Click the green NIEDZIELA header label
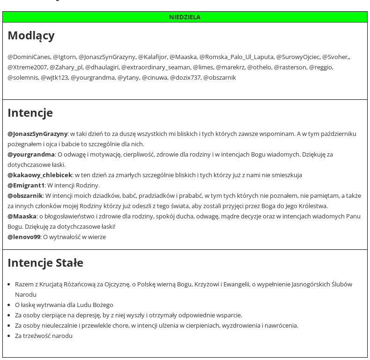pos(185,17)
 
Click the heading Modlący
pos(31,36)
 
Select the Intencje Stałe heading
pos(45,262)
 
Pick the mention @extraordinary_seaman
pos(155,67)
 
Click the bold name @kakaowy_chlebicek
pos(40,175)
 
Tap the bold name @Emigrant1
pos(26,185)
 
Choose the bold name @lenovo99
pos(24,237)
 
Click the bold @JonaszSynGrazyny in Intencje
pos(37,134)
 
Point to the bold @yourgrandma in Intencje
pos(31,154)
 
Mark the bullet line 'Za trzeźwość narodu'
pos(44,336)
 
